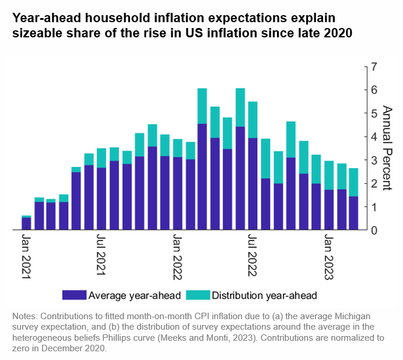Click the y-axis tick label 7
click(x=374, y=67)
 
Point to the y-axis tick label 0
click(x=374, y=230)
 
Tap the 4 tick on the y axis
click(x=374, y=137)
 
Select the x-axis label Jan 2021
click(x=26, y=257)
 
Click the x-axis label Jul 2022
click(x=252, y=257)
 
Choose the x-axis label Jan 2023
click(x=328, y=257)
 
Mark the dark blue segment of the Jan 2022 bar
click(x=177, y=193)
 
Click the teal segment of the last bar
click(x=353, y=182)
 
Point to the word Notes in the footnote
click(x=24, y=316)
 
